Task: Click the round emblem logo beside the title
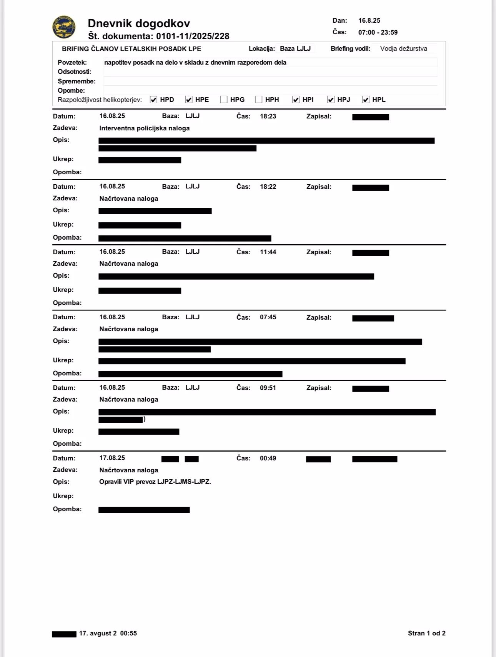[x=64, y=27]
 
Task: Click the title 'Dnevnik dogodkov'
[x=139, y=23]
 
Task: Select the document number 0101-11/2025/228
[x=193, y=36]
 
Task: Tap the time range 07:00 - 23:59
[x=378, y=32]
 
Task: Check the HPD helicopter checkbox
[x=153, y=100]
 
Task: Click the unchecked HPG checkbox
[x=224, y=100]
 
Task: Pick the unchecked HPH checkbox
[x=259, y=100]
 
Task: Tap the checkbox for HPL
[x=366, y=100]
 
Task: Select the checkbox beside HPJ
[x=331, y=100]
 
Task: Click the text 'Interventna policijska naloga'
[x=145, y=128]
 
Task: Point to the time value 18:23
[x=268, y=116]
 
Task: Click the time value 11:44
[x=268, y=252]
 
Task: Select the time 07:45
[x=268, y=317]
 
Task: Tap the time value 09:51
[x=268, y=388]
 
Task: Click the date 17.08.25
[x=112, y=458]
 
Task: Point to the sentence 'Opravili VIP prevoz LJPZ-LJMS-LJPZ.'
[x=155, y=482]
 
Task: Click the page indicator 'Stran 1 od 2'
[x=426, y=633]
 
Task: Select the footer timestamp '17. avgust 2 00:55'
[x=108, y=633]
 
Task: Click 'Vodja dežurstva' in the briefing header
[x=403, y=48]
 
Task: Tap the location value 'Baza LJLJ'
[x=295, y=48]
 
